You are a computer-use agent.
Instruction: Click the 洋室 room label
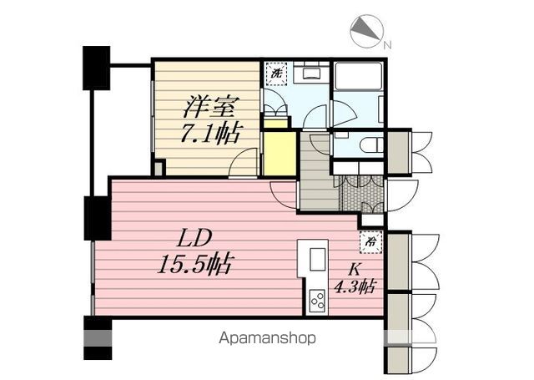coord(209,107)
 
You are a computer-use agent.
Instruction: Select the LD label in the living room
coord(194,238)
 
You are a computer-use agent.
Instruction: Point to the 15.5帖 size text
coord(195,263)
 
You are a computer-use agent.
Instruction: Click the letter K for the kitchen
coord(354,270)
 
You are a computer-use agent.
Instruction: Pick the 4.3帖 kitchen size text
coord(354,286)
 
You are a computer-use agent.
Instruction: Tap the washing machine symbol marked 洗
coord(276,73)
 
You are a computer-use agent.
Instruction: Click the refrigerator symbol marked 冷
coord(370,241)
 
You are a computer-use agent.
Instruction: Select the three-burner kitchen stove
coord(317,301)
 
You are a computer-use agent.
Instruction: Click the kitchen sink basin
coord(318,260)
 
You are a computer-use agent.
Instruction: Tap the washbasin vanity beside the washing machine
coord(309,73)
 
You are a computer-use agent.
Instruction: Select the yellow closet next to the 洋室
coord(280,154)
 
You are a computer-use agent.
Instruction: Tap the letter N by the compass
coord(387,44)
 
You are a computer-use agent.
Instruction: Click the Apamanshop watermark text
coord(267,338)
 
